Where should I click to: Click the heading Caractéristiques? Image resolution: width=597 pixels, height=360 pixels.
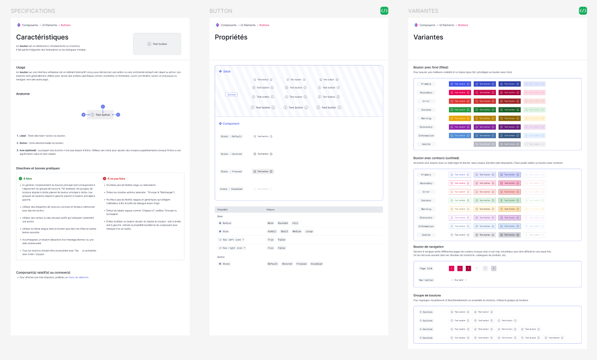[x=42, y=37]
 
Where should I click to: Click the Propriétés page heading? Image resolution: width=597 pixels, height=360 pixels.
[x=231, y=37]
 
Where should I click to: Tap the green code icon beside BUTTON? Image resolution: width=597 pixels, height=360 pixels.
[x=384, y=10]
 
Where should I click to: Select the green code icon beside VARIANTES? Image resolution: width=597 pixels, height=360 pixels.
[x=583, y=10]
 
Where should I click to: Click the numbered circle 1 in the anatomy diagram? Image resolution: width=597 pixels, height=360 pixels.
[x=103, y=107]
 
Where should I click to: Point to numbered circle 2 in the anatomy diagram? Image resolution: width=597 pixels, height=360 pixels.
[x=118, y=114]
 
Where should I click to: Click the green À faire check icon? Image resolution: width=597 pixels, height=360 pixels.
[x=20, y=179]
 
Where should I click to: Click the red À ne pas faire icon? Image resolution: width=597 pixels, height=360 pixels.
[x=105, y=179]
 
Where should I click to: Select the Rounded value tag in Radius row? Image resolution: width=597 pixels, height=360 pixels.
[x=283, y=223]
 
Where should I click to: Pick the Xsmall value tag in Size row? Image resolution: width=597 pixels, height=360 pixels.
[x=272, y=231]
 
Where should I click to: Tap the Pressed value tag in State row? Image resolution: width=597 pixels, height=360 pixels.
[x=301, y=264]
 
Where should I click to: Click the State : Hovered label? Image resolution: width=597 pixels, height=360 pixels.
[x=231, y=154]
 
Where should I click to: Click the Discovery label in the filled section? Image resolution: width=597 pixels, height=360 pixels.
[x=426, y=127]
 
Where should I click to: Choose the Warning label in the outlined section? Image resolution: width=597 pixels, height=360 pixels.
[x=426, y=209]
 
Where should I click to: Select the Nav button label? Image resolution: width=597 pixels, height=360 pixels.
[x=426, y=280]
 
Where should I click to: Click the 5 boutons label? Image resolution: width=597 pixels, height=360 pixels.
[x=426, y=338]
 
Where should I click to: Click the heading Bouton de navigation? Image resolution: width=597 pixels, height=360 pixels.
[x=428, y=247]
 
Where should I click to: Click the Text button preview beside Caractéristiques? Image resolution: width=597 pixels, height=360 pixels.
[x=157, y=44]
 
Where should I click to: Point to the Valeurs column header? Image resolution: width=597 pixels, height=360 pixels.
[x=271, y=210]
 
